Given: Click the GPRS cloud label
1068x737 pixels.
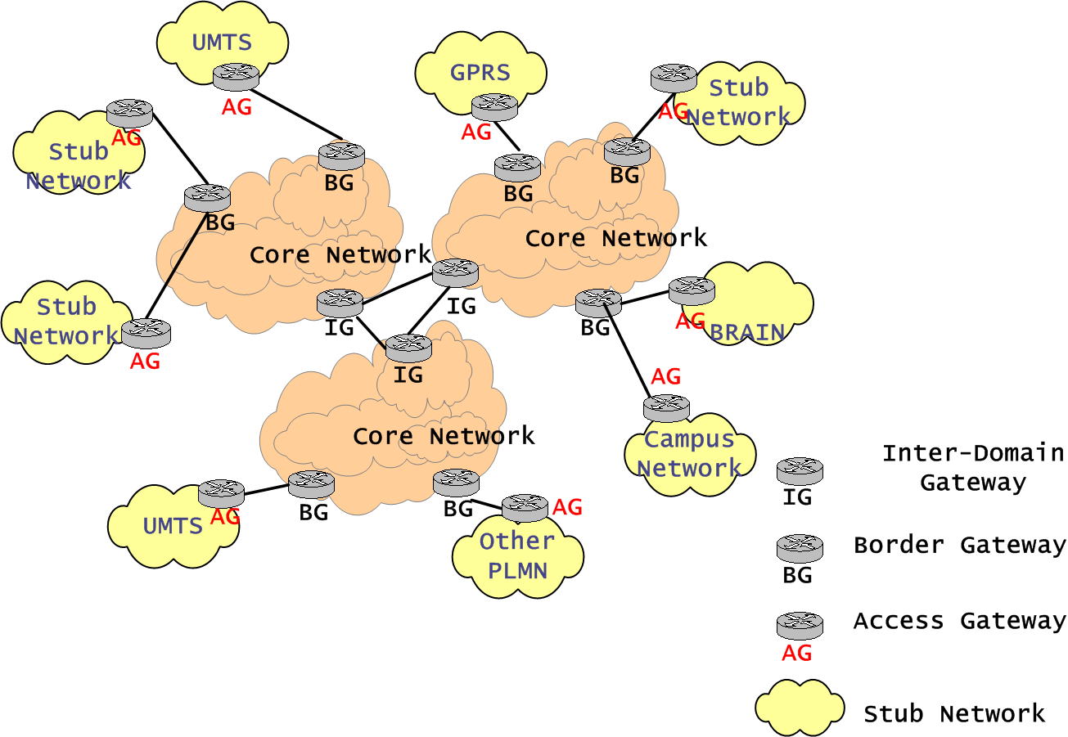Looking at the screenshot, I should click(480, 72).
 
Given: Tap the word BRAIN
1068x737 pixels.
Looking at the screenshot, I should click(747, 333).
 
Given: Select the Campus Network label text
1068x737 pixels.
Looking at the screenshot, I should click(689, 454).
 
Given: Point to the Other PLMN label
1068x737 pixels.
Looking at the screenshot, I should click(517, 555).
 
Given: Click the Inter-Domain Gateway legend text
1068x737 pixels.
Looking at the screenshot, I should click(973, 467).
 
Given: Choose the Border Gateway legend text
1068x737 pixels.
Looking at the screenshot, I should click(960, 545).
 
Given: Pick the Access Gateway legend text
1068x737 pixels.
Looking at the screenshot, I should click(960, 621).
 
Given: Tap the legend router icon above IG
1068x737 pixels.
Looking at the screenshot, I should click(800, 470).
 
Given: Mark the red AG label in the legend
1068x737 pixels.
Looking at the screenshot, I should click(797, 653).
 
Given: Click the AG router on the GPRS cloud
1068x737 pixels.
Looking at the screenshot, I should click(494, 106).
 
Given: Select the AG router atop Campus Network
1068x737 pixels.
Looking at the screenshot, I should click(666, 407).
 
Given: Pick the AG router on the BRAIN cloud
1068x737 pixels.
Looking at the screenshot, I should click(692, 290).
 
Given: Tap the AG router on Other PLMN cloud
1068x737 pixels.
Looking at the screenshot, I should click(525, 506).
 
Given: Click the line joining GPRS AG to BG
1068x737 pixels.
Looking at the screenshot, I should click(507, 137).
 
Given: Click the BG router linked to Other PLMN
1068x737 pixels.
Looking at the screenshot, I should click(455, 482).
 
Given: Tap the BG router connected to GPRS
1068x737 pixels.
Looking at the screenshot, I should click(517, 167).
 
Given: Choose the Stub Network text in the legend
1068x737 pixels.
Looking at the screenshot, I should click(954, 714).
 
